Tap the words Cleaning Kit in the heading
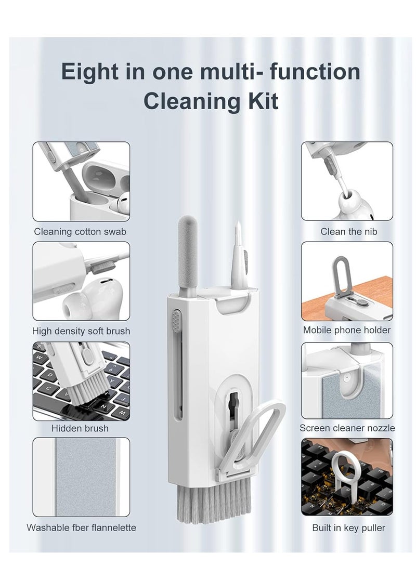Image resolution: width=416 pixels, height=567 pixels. pyautogui.click(x=211, y=101)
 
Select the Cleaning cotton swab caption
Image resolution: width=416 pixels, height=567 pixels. pyautogui.click(x=80, y=231)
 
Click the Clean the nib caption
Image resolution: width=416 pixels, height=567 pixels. pyautogui.click(x=348, y=231)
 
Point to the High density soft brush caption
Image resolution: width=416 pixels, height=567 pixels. pyautogui.click(x=81, y=331)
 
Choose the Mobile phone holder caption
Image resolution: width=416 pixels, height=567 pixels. pyautogui.click(x=347, y=329)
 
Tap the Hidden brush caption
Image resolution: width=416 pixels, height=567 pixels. pyautogui.click(x=80, y=428)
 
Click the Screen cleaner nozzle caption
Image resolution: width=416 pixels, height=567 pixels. pyautogui.click(x=347, y=428)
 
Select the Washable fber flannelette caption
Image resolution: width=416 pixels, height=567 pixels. pyautogui.click(x=81, y=528)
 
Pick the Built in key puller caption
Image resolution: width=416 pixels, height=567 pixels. pyautogui.click(x=348, y=528)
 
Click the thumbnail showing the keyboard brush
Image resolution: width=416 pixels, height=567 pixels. pyautogui.click(x=81, y=381)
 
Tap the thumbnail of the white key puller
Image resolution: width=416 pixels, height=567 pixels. pyautogui.click(x=347, y=477)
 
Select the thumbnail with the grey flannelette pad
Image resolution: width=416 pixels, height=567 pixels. pyautogui.click(x=81, y=477)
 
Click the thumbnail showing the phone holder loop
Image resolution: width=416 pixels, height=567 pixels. pyautogui.click(x=347, y=281)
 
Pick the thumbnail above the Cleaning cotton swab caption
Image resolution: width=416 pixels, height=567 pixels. pyautogui.click(x=81, y=181)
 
